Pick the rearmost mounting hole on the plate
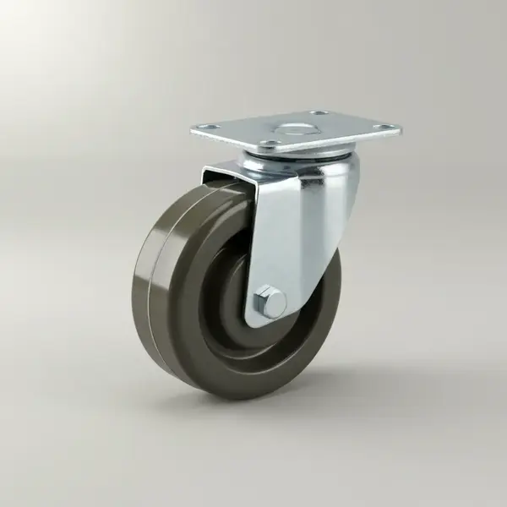[x=319, y=113]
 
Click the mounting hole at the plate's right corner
[x=385, y=128]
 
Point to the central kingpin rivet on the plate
[x=296, y=129]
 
